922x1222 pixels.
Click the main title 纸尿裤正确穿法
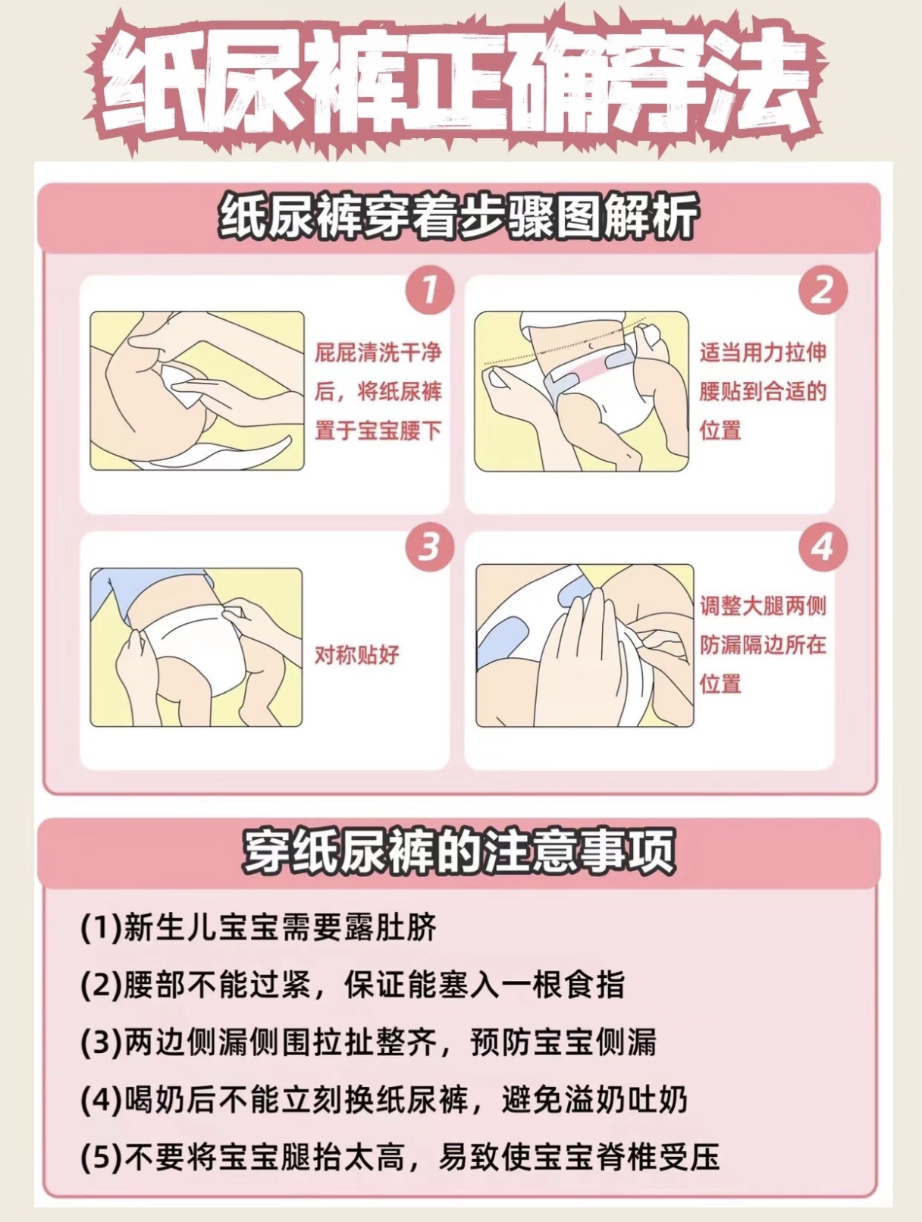pyautogui.click(x=460, y=84)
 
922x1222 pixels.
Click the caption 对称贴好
pyautogui.click(x=357, y=655)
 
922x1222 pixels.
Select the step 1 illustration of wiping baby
pyautogui.click(x=197, y=391)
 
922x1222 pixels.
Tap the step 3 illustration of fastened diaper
pyautogui.click(x=196, y=647)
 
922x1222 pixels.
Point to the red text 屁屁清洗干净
pyautogui.click(x=378, y=353)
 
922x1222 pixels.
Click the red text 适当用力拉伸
pyautogui.click(x=763, y=353)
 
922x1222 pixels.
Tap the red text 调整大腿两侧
pyautogui.click(x=763, y=606)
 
